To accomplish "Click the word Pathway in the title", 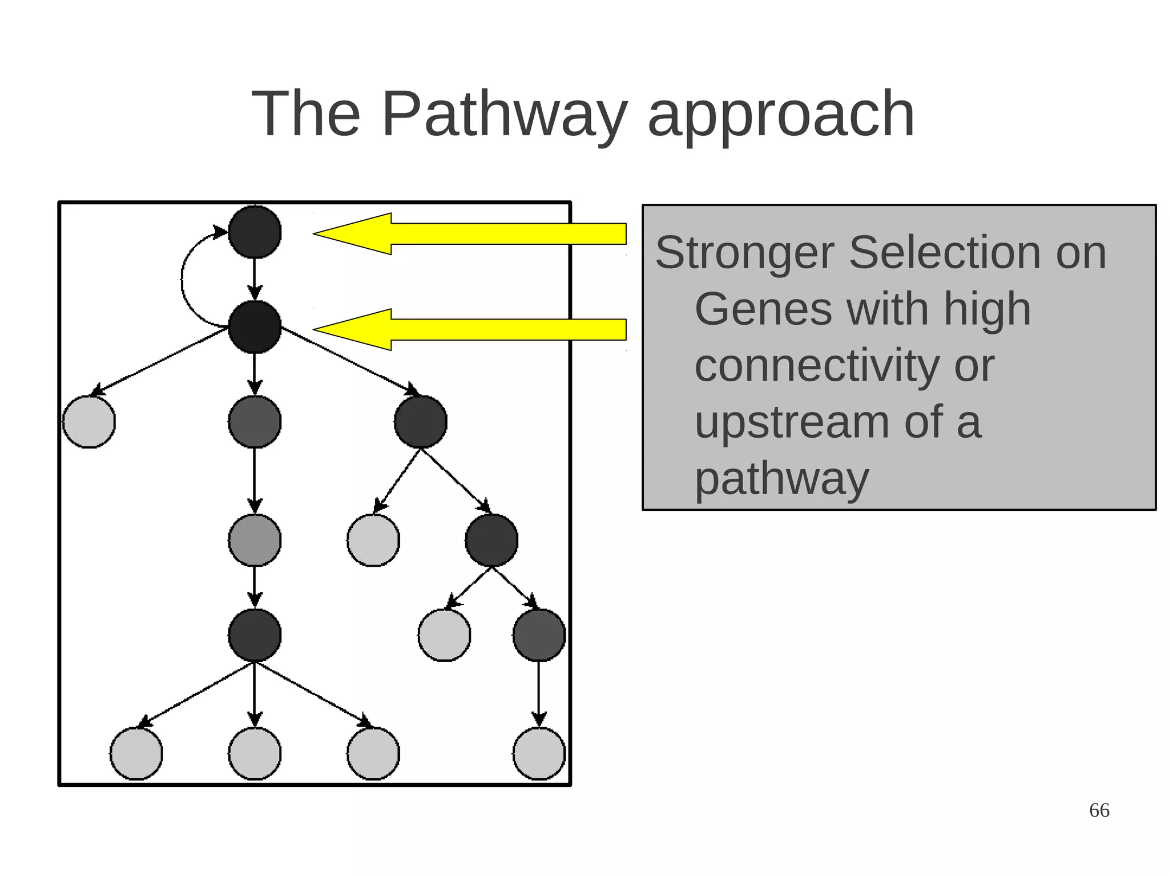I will [x=505, y=114].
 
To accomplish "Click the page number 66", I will [x=1099, y=810].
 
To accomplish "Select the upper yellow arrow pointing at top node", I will [x=469, y=233].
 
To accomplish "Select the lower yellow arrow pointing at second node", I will [x=469, y=329].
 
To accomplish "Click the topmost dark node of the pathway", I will [x=255, y=232].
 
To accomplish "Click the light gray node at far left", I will [x=89, y=422].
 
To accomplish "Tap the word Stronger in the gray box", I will [x=744, y=252].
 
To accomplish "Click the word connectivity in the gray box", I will [x=816, y=365].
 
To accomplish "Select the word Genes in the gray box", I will [x=763, y=309].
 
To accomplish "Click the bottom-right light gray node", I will [x=539, y=753].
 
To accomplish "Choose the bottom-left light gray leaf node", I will [x=136, y=753].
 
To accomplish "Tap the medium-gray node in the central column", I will [x=255, y=540].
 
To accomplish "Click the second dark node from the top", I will [x=255, y=327].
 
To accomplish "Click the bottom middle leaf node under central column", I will [x=255, y=753].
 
